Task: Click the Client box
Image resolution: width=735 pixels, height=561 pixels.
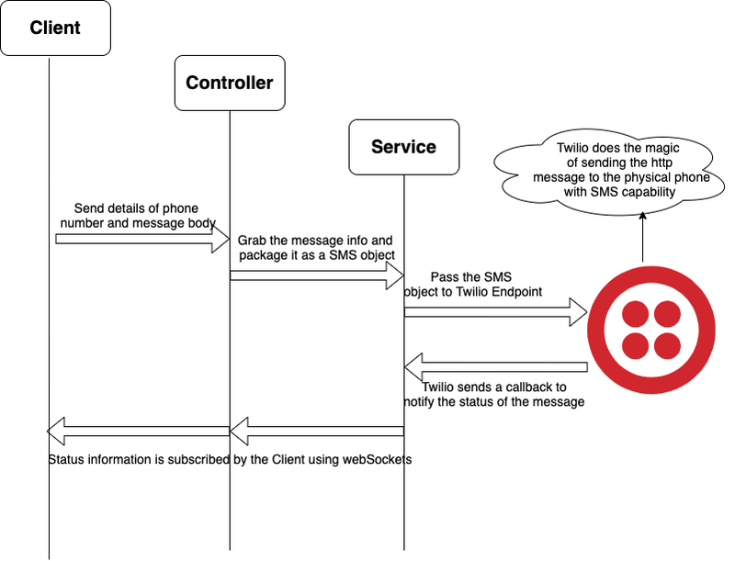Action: click(55, 28)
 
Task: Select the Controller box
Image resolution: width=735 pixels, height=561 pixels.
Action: click(229, 83)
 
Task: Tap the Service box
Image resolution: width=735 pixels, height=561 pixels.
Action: click(403, 146)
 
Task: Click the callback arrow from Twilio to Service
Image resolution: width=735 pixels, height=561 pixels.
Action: click(495, 365)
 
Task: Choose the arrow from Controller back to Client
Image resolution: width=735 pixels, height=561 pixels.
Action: click(138, 429)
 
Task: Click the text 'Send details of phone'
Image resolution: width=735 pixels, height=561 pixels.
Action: click(136, 208)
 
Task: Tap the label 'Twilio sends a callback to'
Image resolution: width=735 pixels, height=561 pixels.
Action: click(494, 387)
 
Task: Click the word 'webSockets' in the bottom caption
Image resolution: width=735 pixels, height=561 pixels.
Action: click(378, 459)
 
